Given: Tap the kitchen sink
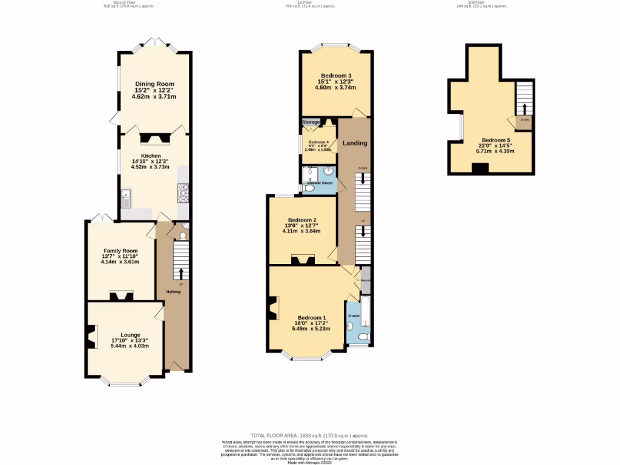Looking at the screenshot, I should pyautogui.click(x=126, y=196).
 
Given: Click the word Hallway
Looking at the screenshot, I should pyautogui.click(x=174, y=292).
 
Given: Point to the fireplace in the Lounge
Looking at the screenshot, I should pyautogui.click(x=91, y=337).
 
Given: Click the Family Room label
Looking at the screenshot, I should pyautogui.click(x=120, y=251).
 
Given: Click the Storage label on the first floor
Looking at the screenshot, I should pyautogui.click(x=311, y=122).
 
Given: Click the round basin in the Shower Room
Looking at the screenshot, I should pyautogui.click(x=328, y=171).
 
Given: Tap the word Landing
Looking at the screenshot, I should pyautogui.click(x=355, y=143).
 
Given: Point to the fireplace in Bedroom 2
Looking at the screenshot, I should pyautogui.click(x=302, y=260).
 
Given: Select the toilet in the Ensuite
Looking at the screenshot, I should pyautogui.click(x=363, y=336).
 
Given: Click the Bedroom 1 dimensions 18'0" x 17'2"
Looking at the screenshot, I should pyautogui.click(x=311, y=323).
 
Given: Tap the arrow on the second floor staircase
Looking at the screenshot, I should pyautogui.click(x=524, y=109).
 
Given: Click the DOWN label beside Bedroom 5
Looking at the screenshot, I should pyautogui.click(x=524, y=120).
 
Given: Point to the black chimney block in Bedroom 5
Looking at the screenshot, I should pyautogui.click(x=480, y=170).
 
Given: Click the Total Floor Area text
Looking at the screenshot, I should pyautogui.click(x=309, y=435).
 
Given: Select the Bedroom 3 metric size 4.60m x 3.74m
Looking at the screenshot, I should pyautogui.click(x=335, y=88).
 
